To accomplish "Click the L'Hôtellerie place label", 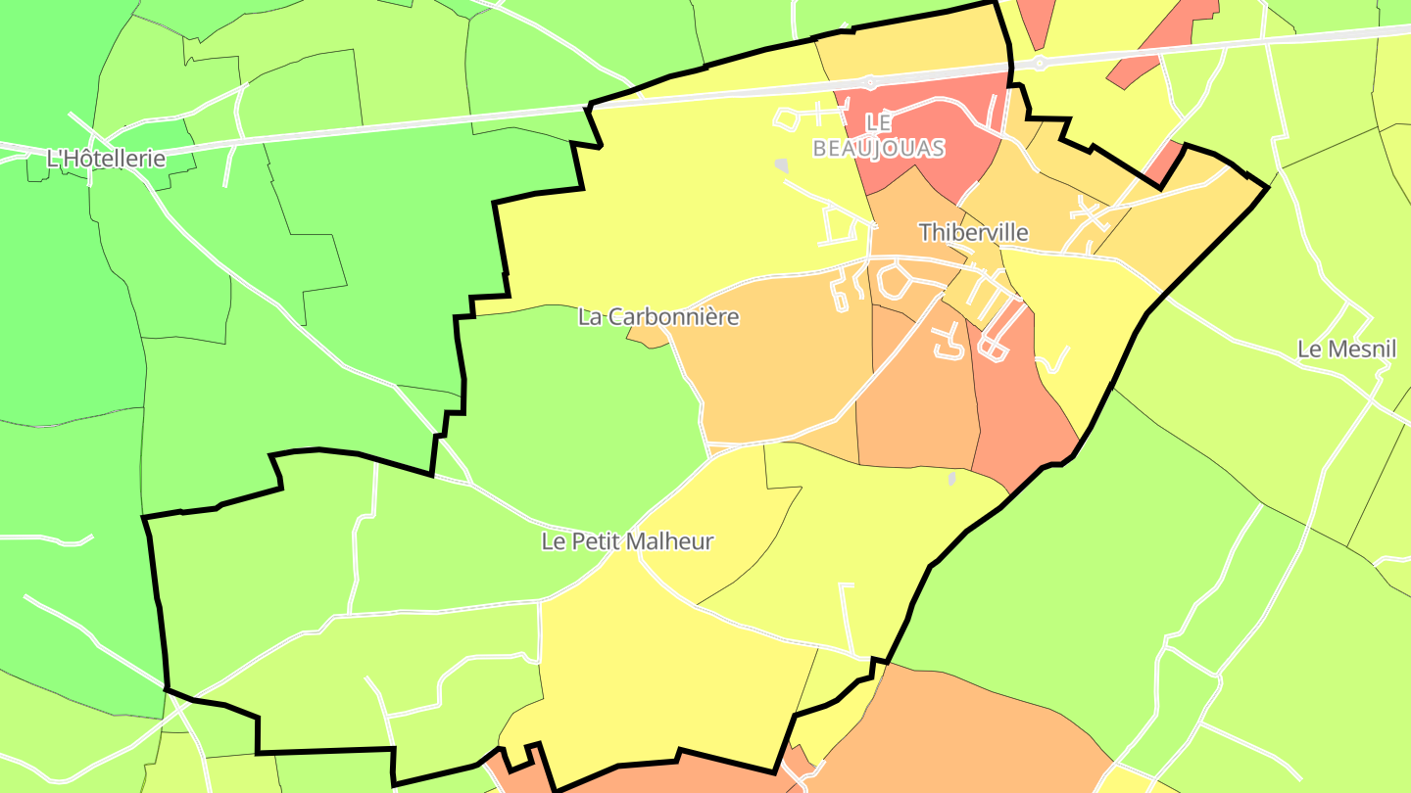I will point(106,158).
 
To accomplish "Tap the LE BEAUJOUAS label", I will point(879,136).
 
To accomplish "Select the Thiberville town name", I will point(973,232).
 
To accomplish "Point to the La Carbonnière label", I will point(657,317).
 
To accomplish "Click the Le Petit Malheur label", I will point(627,541).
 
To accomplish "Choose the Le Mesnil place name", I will point(1346,350).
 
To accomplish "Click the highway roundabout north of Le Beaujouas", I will point(869,82).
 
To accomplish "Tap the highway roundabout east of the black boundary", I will point(1040,64).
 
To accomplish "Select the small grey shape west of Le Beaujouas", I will point(781,165).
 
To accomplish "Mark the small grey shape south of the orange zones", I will point(951,479).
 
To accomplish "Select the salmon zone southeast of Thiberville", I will point(1019,401).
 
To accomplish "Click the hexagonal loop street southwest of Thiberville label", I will point(895,282).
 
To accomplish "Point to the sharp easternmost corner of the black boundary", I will point(1268,186).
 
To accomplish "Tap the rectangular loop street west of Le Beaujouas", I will point(787,119).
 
